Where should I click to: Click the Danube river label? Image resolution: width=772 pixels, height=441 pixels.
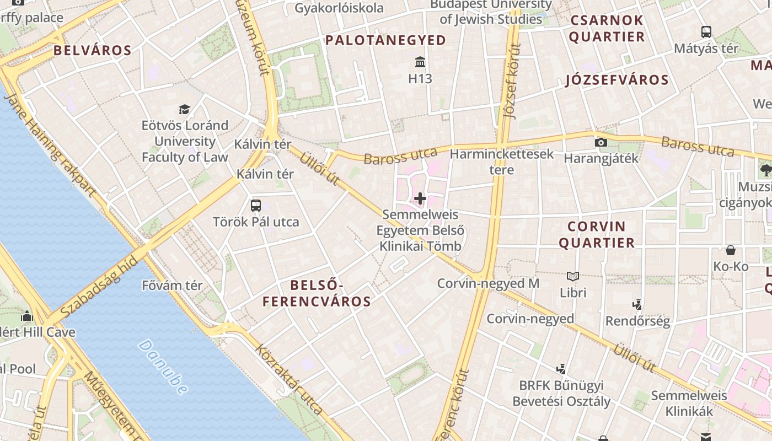point(163,367)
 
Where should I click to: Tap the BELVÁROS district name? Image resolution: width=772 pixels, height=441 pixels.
point(93,51)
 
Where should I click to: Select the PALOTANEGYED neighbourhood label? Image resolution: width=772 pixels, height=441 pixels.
point(385,40)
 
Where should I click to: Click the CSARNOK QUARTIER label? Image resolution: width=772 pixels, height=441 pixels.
point(607,29)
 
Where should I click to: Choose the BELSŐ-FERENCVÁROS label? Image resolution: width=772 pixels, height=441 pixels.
point(317,293)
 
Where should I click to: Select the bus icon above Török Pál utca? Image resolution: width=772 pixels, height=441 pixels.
point(255,206)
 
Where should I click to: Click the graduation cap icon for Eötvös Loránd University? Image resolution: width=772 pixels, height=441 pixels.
point(184,109)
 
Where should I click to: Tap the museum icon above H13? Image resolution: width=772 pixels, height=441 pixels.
point(420,61)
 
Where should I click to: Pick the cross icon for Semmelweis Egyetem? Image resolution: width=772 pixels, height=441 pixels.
point(420,198)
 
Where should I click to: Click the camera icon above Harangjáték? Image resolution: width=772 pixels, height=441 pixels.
point(601,143)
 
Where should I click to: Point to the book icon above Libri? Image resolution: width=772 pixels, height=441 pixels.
point(573,276)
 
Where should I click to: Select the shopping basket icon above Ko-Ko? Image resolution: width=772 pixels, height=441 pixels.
point(731,250)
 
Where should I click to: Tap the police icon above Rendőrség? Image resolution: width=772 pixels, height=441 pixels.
point(637,304)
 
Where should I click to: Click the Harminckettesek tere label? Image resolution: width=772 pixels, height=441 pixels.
point(502,162)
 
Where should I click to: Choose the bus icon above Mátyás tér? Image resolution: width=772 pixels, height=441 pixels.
point(706,32)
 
